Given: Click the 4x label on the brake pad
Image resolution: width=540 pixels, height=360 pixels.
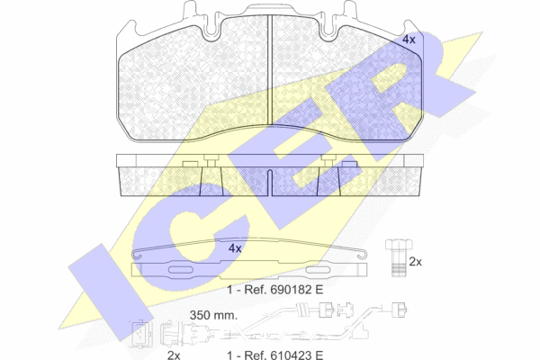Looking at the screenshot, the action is click(409, 40).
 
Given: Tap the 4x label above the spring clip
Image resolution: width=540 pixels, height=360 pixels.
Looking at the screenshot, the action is click(235, 248).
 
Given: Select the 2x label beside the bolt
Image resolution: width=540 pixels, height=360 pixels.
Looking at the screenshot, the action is click(415, 262).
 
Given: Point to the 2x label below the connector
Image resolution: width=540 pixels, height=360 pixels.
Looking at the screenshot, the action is click(174, 355).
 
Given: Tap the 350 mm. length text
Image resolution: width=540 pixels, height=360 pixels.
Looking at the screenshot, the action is click(213, 315).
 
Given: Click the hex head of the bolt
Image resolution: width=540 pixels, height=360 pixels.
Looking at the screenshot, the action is click(399, 245).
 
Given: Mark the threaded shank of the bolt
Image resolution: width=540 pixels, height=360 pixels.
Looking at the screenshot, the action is click(399, 264).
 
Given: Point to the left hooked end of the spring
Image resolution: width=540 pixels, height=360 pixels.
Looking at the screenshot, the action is click(136, 255).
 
